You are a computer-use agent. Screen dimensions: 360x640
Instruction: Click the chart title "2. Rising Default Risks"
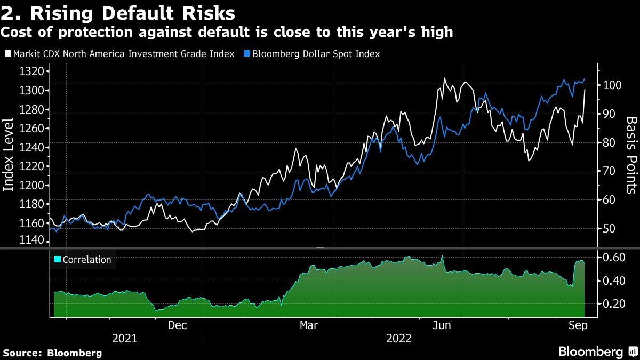[x=118, y=12]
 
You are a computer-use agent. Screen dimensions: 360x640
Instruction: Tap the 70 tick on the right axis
[x=607, y=171]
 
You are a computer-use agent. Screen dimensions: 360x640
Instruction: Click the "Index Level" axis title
[x=9, y=155]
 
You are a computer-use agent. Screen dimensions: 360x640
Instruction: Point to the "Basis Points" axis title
[x=631, y=155]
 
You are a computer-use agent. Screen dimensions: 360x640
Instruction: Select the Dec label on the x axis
[x=177, y=325]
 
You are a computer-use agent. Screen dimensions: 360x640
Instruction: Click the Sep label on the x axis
[x=574, y=325]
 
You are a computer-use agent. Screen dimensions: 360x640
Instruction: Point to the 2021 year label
[x=125, y=339]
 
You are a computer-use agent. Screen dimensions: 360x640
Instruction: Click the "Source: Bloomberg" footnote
[x=52, y=353]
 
